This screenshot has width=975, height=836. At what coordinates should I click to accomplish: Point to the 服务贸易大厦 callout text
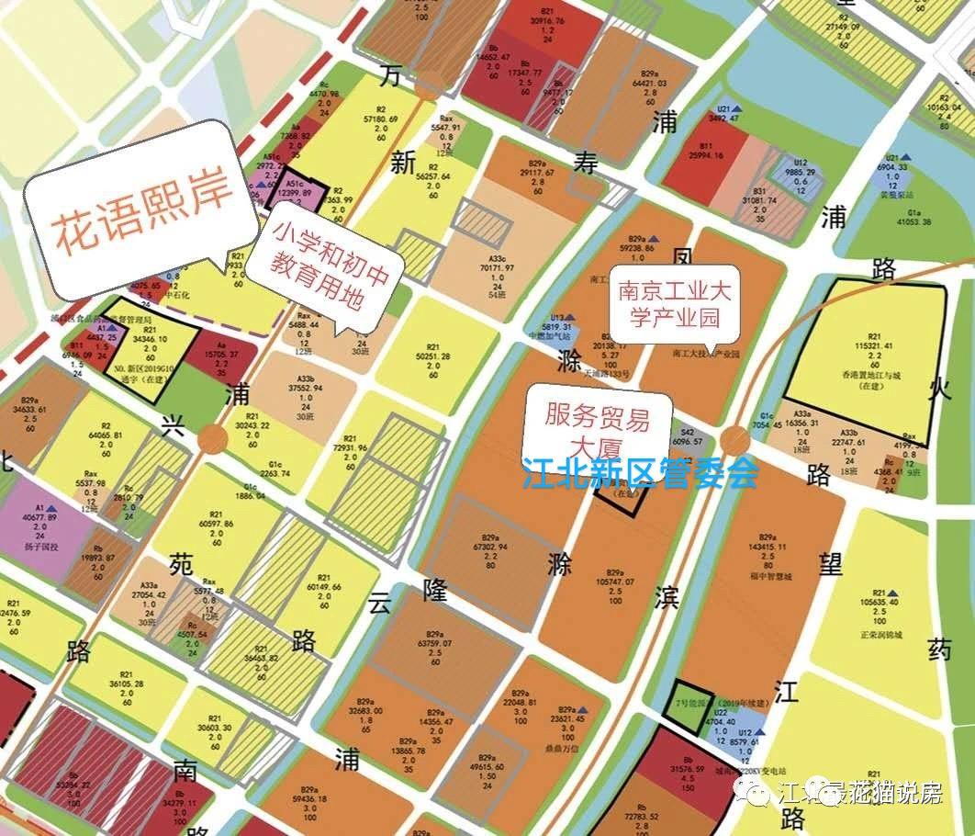597,432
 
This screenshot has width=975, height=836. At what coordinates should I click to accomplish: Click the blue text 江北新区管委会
640,473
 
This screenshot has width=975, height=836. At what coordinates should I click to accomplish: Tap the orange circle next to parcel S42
734,440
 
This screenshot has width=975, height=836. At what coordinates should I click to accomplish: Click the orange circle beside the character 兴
211,437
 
